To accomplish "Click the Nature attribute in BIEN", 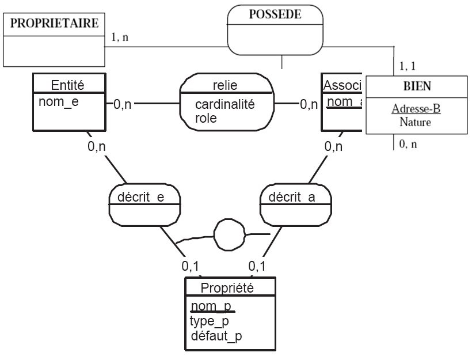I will tap(412, 122).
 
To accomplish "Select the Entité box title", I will tap(68, 85).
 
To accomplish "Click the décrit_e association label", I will tap(144, 197).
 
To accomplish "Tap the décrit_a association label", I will tap(296, 197).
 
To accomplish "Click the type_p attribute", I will tap(210, 321).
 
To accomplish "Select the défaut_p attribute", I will tap(216, 336).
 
